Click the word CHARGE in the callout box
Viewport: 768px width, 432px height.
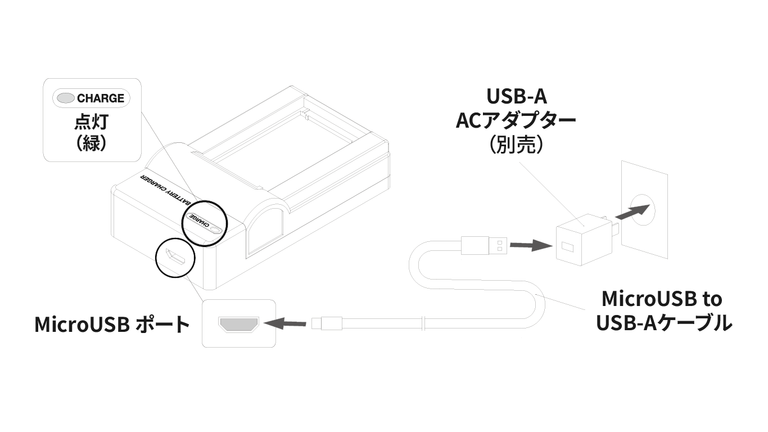coord(101,98)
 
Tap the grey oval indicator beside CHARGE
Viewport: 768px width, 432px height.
coord(65,98)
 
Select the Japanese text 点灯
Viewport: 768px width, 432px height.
coord(92,121)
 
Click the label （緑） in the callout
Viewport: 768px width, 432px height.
coord(92,143)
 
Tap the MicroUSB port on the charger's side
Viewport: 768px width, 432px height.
coord(175,258)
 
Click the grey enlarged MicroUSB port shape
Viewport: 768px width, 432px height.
coord(238,324)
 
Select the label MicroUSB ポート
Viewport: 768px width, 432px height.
coord(112,324)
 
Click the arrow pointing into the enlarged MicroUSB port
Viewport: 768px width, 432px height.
coord(285,323)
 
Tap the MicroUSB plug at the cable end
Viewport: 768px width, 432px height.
coord(327,323)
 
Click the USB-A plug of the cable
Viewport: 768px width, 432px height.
coord(484,245)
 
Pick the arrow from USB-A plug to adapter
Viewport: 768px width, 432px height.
coord(531,246)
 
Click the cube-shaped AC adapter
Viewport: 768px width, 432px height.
coord(584,240)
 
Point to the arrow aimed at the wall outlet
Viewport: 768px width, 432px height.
coord(633,211)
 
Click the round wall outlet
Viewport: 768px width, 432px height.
coord(643,210)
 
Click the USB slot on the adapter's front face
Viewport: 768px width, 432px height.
coord(567,246)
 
